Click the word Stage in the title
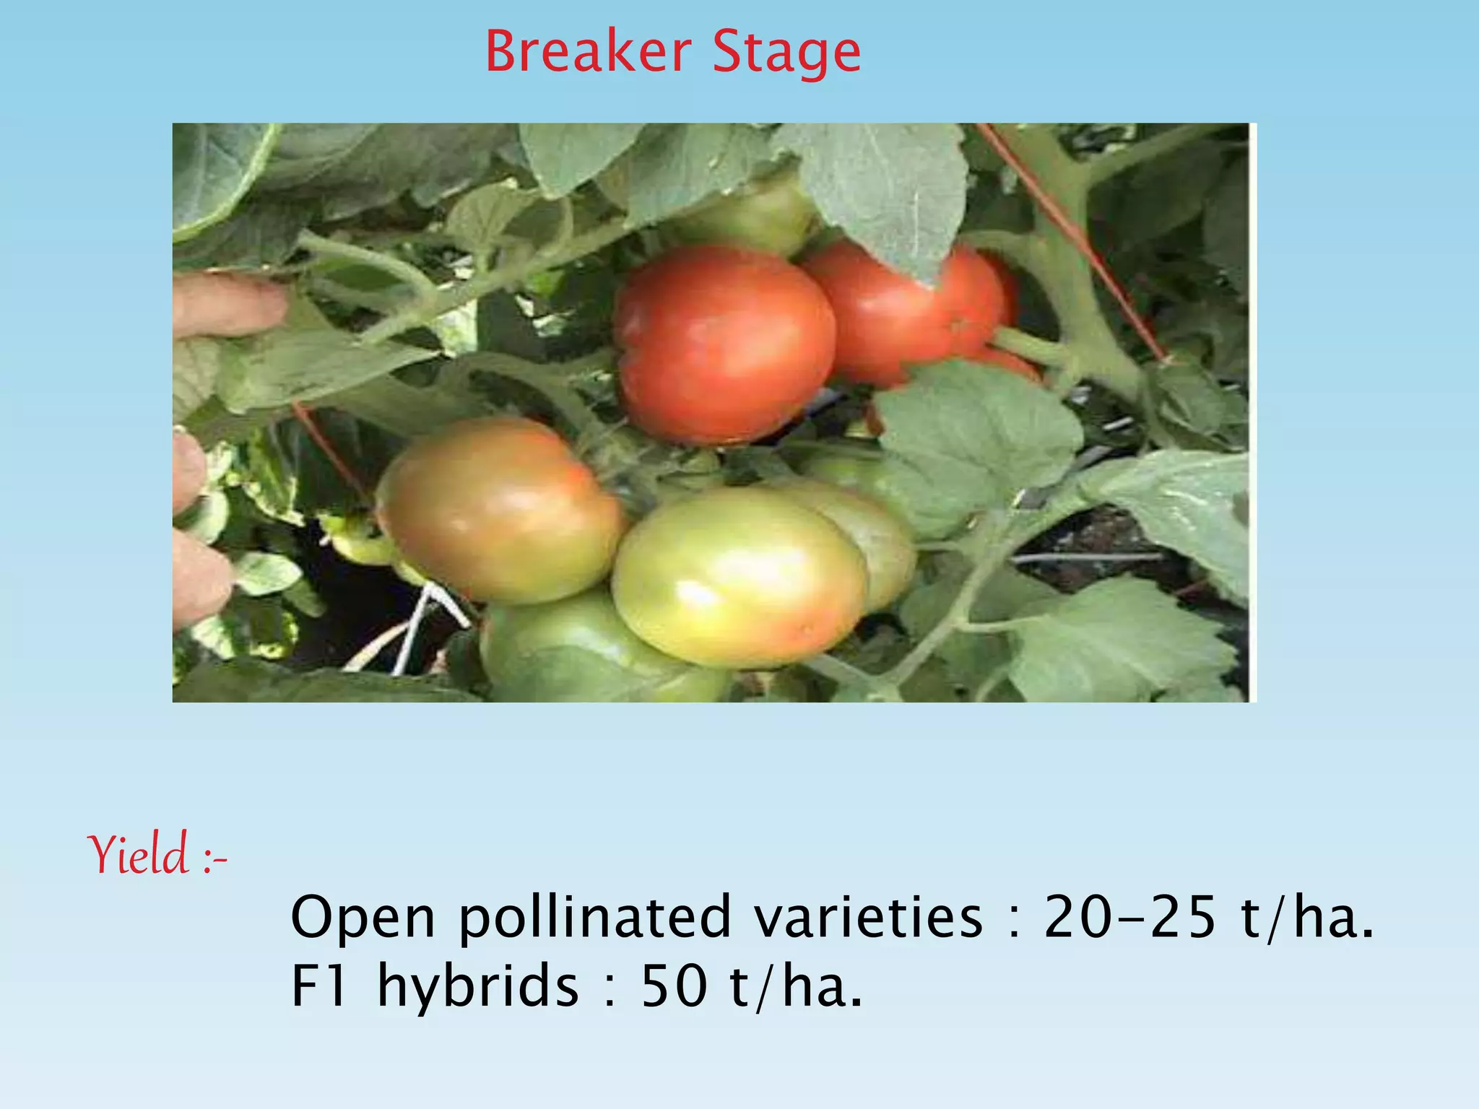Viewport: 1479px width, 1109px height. [x=786, y=53]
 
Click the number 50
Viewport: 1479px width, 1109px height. [x=675, y=986]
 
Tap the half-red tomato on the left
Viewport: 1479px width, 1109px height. [x=500, y=509]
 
